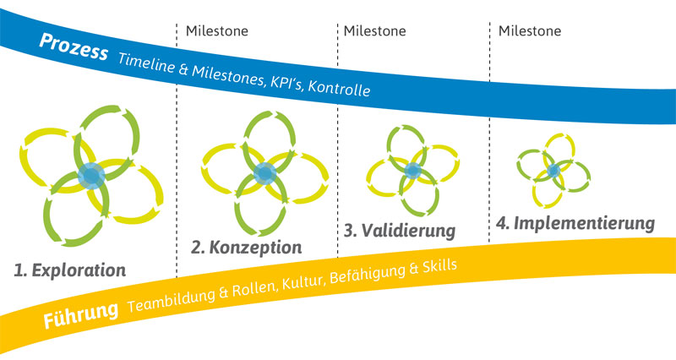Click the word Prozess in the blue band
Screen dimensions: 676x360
click(74, 47)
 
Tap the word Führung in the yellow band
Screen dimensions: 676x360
click(80, 314)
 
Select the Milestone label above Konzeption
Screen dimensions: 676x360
click(217, 31)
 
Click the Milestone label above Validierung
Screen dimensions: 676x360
click(374, 31)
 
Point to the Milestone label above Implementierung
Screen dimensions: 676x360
click(530, 31)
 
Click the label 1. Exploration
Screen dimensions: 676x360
click(70, 270)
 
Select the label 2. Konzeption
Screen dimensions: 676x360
click(247, 248)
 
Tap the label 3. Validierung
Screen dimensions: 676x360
click(400, 231)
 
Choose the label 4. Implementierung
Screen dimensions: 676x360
click(575, 223)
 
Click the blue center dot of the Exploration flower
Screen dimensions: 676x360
click(91, 176)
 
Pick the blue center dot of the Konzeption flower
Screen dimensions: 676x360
click(264, 173)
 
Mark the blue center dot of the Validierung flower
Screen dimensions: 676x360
click(413, 171)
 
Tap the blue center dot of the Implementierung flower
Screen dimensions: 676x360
click(553, 172)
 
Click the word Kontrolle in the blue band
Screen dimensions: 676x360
click(339, 88)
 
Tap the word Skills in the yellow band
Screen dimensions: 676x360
click(439, 266)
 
